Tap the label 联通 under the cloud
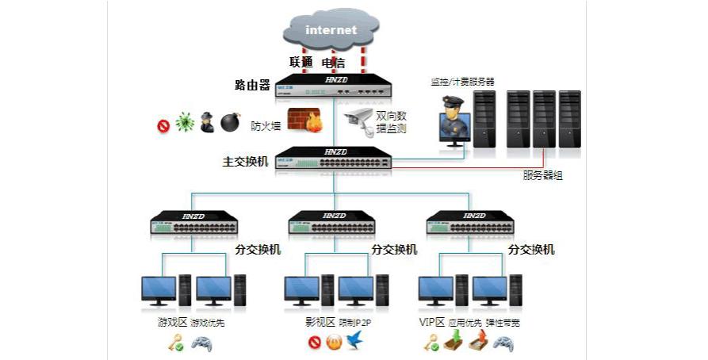click(302, 62)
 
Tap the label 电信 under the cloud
click(332, 62)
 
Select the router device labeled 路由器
click(334, 86)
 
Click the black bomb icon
click(230, 123)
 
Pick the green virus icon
click(185, 123)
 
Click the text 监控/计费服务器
click(462, 82)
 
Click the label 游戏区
click(171, 323)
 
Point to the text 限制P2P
click(356, 323)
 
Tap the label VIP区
click(432, 323)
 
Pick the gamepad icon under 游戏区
click(202, 344)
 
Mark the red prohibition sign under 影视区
click(315, 344)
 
